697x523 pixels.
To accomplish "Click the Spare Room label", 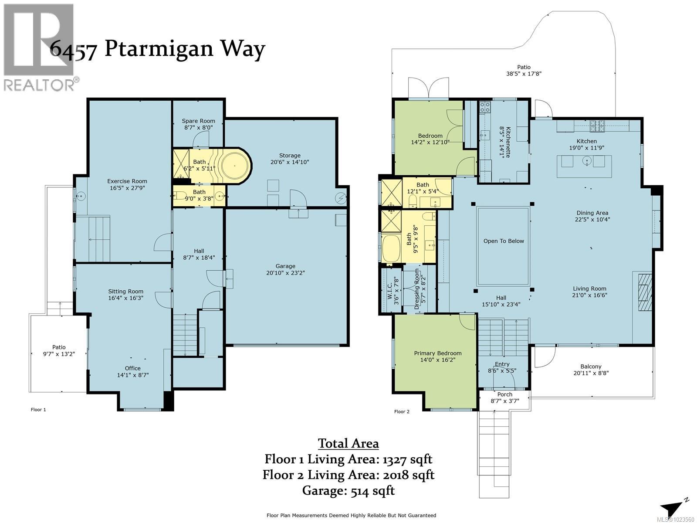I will click(x=198, y=124).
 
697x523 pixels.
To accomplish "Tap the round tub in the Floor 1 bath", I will click(x=235, y=166).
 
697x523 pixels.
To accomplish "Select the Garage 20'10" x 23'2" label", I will click(x=285, y=269).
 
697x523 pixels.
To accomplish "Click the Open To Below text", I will click(x=504, y=241).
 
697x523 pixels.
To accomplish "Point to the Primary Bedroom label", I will click(x=438, y=357).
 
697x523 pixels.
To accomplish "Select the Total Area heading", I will click(x=348, y=444).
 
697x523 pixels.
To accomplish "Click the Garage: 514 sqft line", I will click(x=348, y=491).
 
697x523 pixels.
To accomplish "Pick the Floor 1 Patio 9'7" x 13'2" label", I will click(x=59, y=350).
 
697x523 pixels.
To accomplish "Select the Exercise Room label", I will click(x=127, y=184).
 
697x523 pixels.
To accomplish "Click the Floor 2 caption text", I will click(x=402, y=411).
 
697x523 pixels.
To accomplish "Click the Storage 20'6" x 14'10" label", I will click(x=290, y=159).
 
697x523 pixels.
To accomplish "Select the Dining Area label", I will click(x=592, y=216).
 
